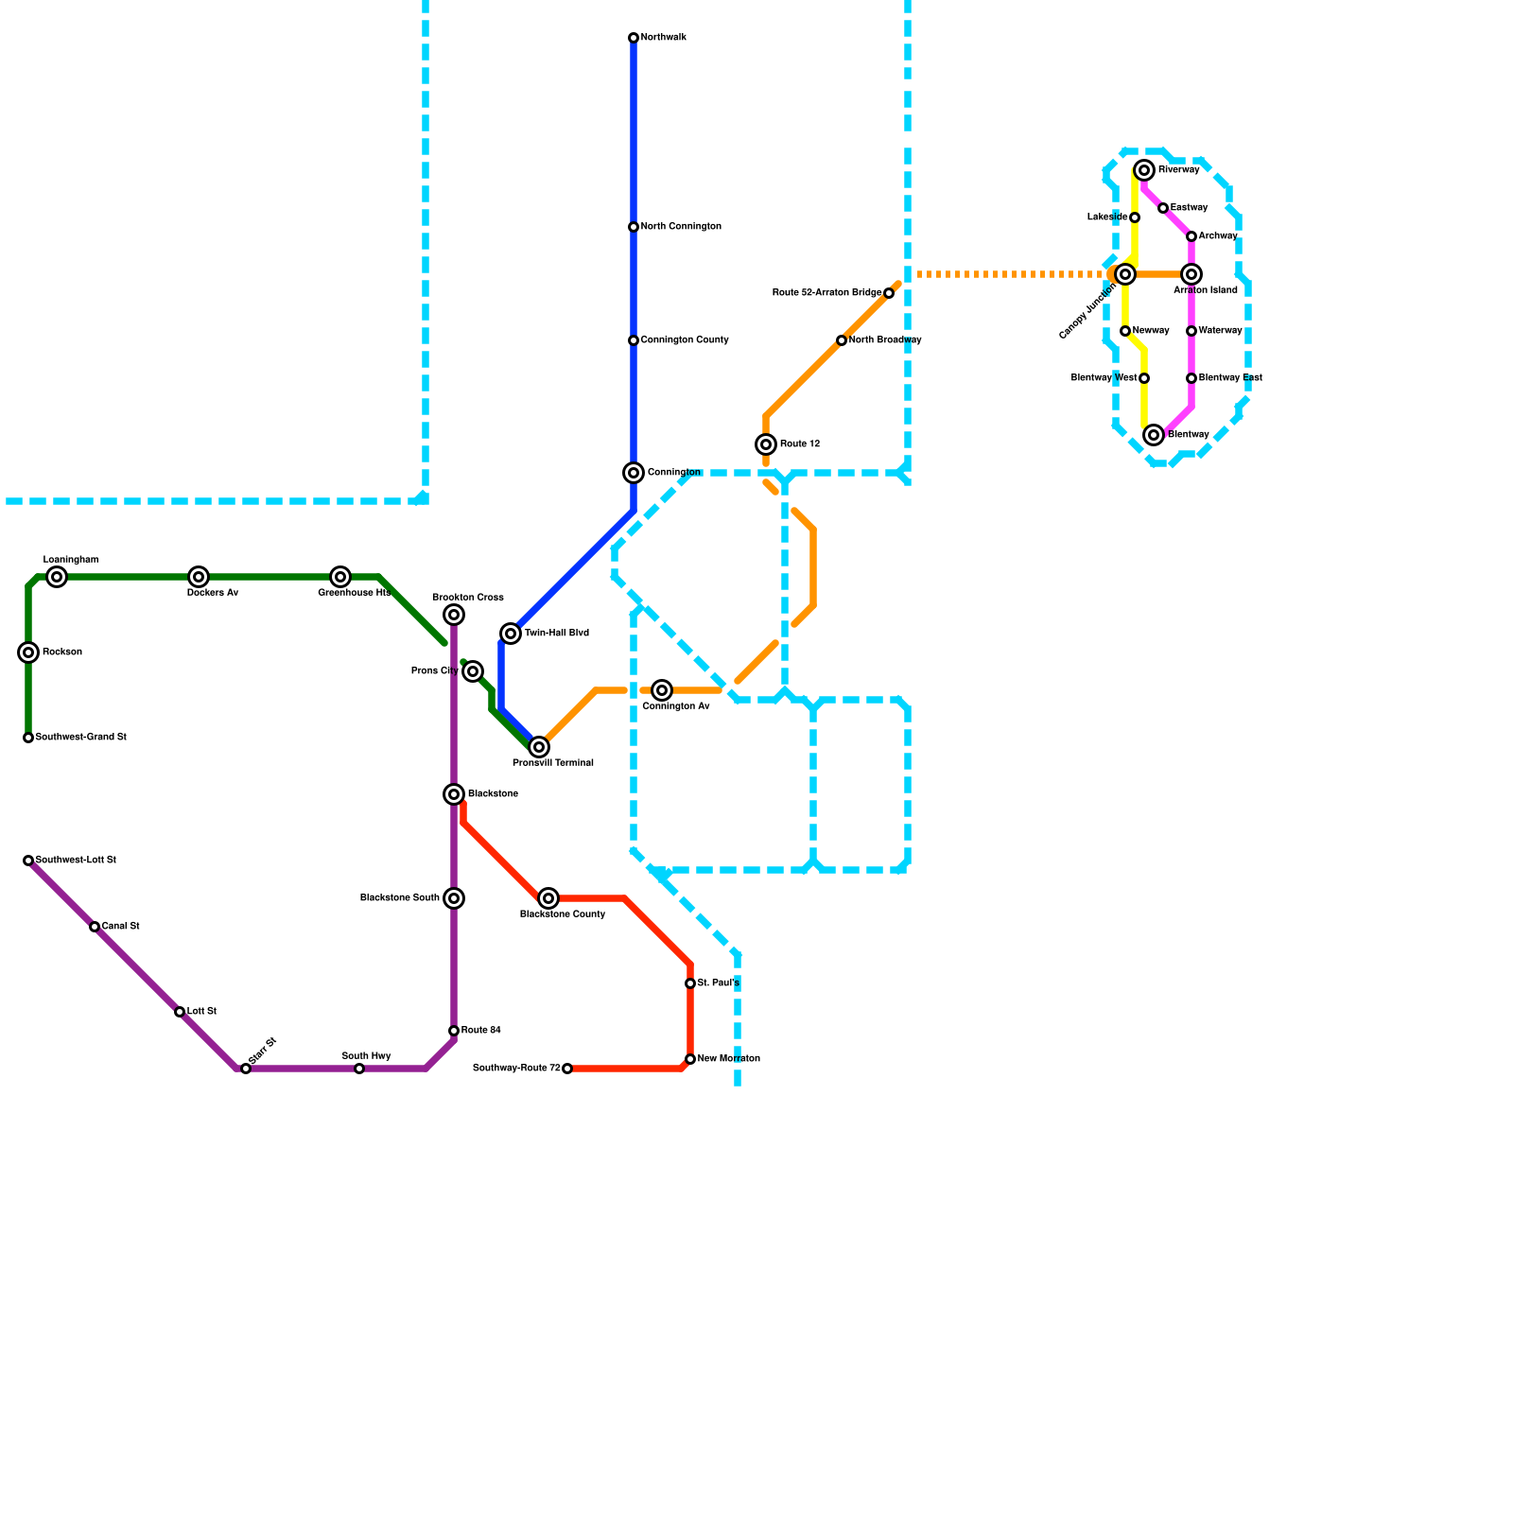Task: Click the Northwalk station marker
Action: point(634,38)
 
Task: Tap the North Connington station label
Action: point(681,227)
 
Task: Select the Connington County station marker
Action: point(634,340)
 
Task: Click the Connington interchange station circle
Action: point(634,473)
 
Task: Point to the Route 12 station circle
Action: point(766,444)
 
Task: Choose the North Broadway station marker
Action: point(842,340)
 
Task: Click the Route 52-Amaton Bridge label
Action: point(826,293)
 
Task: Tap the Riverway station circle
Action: point(1144,170)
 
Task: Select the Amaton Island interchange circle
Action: point(1191,274)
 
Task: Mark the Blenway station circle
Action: point(1154,435)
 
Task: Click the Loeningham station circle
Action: point(57,577)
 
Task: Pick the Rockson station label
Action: point(62,652)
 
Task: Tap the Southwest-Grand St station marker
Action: point(28,738)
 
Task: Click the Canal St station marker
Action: point(95,927)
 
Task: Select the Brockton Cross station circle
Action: point(454,615)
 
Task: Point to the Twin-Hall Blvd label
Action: point(557,634)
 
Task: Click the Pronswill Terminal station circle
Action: point(539,747)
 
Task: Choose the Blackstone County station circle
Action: point(548,898)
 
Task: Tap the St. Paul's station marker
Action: point(690,983)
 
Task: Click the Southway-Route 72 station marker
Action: point(567,1069)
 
